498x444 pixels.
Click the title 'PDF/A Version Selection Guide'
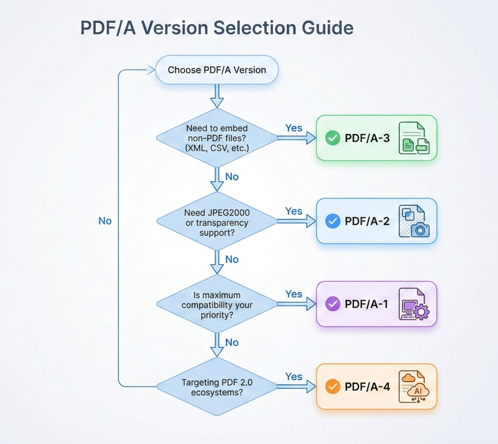(x=217, y=27)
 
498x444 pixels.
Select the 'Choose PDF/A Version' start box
(x=217, y=70)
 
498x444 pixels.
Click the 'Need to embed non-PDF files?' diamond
(x=217, y=138)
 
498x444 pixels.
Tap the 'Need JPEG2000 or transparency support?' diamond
(x=217, y=221)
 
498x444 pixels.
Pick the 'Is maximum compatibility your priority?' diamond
(x=217, y=304)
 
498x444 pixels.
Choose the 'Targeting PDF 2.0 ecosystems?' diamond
(x=217, y=387)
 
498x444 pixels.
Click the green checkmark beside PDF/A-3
(x=332, y=138)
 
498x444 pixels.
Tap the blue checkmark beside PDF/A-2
(x=332, y=221)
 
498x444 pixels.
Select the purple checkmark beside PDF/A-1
(x=332, y=304)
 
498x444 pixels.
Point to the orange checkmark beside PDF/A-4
(x=332, y=387)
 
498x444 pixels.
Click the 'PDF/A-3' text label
(x=367, y=138)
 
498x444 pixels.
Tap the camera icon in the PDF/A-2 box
(x=420, y=229)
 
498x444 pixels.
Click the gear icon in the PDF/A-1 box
(x=421, y=312)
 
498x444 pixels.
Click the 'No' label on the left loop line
(x=105, y=221)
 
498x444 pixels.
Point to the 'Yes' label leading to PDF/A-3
(x=294, y=128)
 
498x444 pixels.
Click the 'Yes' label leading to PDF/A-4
(x=294, y=377)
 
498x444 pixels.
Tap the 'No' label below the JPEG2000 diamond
(x=232, y=260)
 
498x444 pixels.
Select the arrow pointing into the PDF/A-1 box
(x=296, y=304)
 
